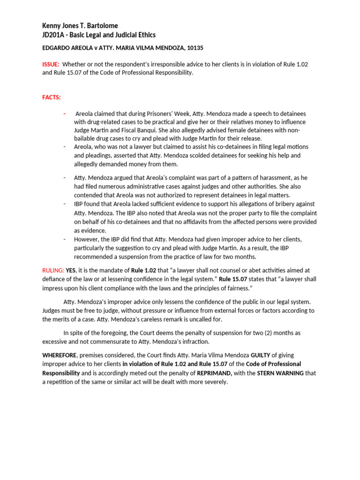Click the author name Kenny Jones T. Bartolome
point(81,26)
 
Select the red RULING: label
point(53,270)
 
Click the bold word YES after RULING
point(71,270)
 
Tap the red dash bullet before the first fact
point(65,114)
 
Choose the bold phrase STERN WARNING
point(280,373)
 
